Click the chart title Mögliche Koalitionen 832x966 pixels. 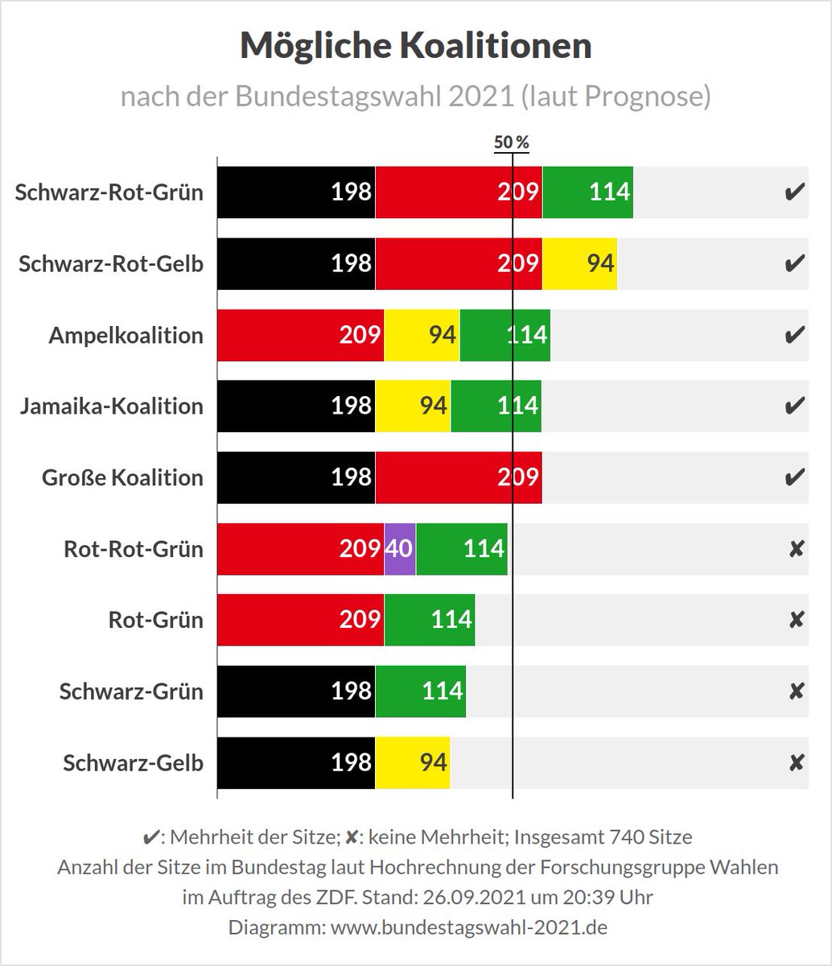[x=416, y=47]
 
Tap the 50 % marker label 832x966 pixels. [x=512, y=142]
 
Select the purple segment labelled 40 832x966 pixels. [x=400, y=549]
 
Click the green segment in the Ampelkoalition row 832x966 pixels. [x=505, y=335]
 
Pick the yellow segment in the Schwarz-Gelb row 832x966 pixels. [x=412, y=762]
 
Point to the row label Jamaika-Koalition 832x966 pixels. [x=112, y=406]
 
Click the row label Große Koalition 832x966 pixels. [x=122, y=477]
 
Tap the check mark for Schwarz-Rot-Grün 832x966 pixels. [x=795, y=193]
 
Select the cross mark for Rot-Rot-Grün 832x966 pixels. [x=796, y=549]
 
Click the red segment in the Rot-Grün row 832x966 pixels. [x=300, y=620]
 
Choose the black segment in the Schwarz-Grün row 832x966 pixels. [x=295, y=691]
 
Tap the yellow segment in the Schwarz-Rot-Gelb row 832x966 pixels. [x=579, y=264]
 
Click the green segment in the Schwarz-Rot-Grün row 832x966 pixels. [x=587, y=193]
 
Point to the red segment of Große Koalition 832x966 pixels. [x=458, y=477]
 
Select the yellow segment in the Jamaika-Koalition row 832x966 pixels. [x=413, y=406]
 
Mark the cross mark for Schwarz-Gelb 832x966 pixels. [x=796, y=762]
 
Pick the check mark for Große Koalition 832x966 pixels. [x=795, y=477]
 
